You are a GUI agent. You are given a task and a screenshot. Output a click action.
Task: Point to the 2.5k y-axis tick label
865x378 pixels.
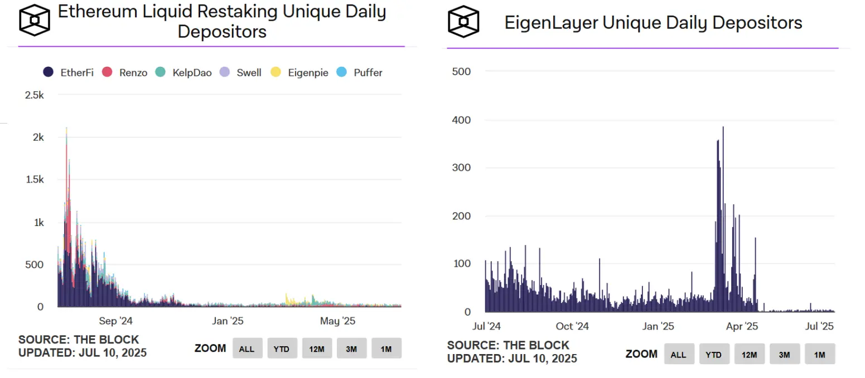click(34, 95)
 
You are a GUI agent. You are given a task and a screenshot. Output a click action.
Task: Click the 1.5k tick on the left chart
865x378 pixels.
click(34, 180)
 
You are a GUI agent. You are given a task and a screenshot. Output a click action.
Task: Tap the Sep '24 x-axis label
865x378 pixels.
click(115, 321)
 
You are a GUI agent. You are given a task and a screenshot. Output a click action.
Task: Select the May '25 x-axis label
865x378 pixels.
click(337, 321)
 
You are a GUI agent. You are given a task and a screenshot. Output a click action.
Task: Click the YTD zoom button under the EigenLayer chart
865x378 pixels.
click(713, 355)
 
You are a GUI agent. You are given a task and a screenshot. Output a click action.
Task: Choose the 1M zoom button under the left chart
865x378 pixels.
click(386, 349)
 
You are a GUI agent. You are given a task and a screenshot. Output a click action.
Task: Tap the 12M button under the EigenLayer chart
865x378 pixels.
click(749, 355)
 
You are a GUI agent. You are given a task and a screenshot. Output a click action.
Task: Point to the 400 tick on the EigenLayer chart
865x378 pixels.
click(462, 120)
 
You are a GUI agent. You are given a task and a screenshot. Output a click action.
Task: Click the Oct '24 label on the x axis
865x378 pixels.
click(572, 326)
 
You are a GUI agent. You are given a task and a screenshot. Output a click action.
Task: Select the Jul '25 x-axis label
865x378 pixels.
click(820, 326)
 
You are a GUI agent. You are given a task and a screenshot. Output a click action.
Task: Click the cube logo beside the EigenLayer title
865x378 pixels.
click(464, 22)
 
